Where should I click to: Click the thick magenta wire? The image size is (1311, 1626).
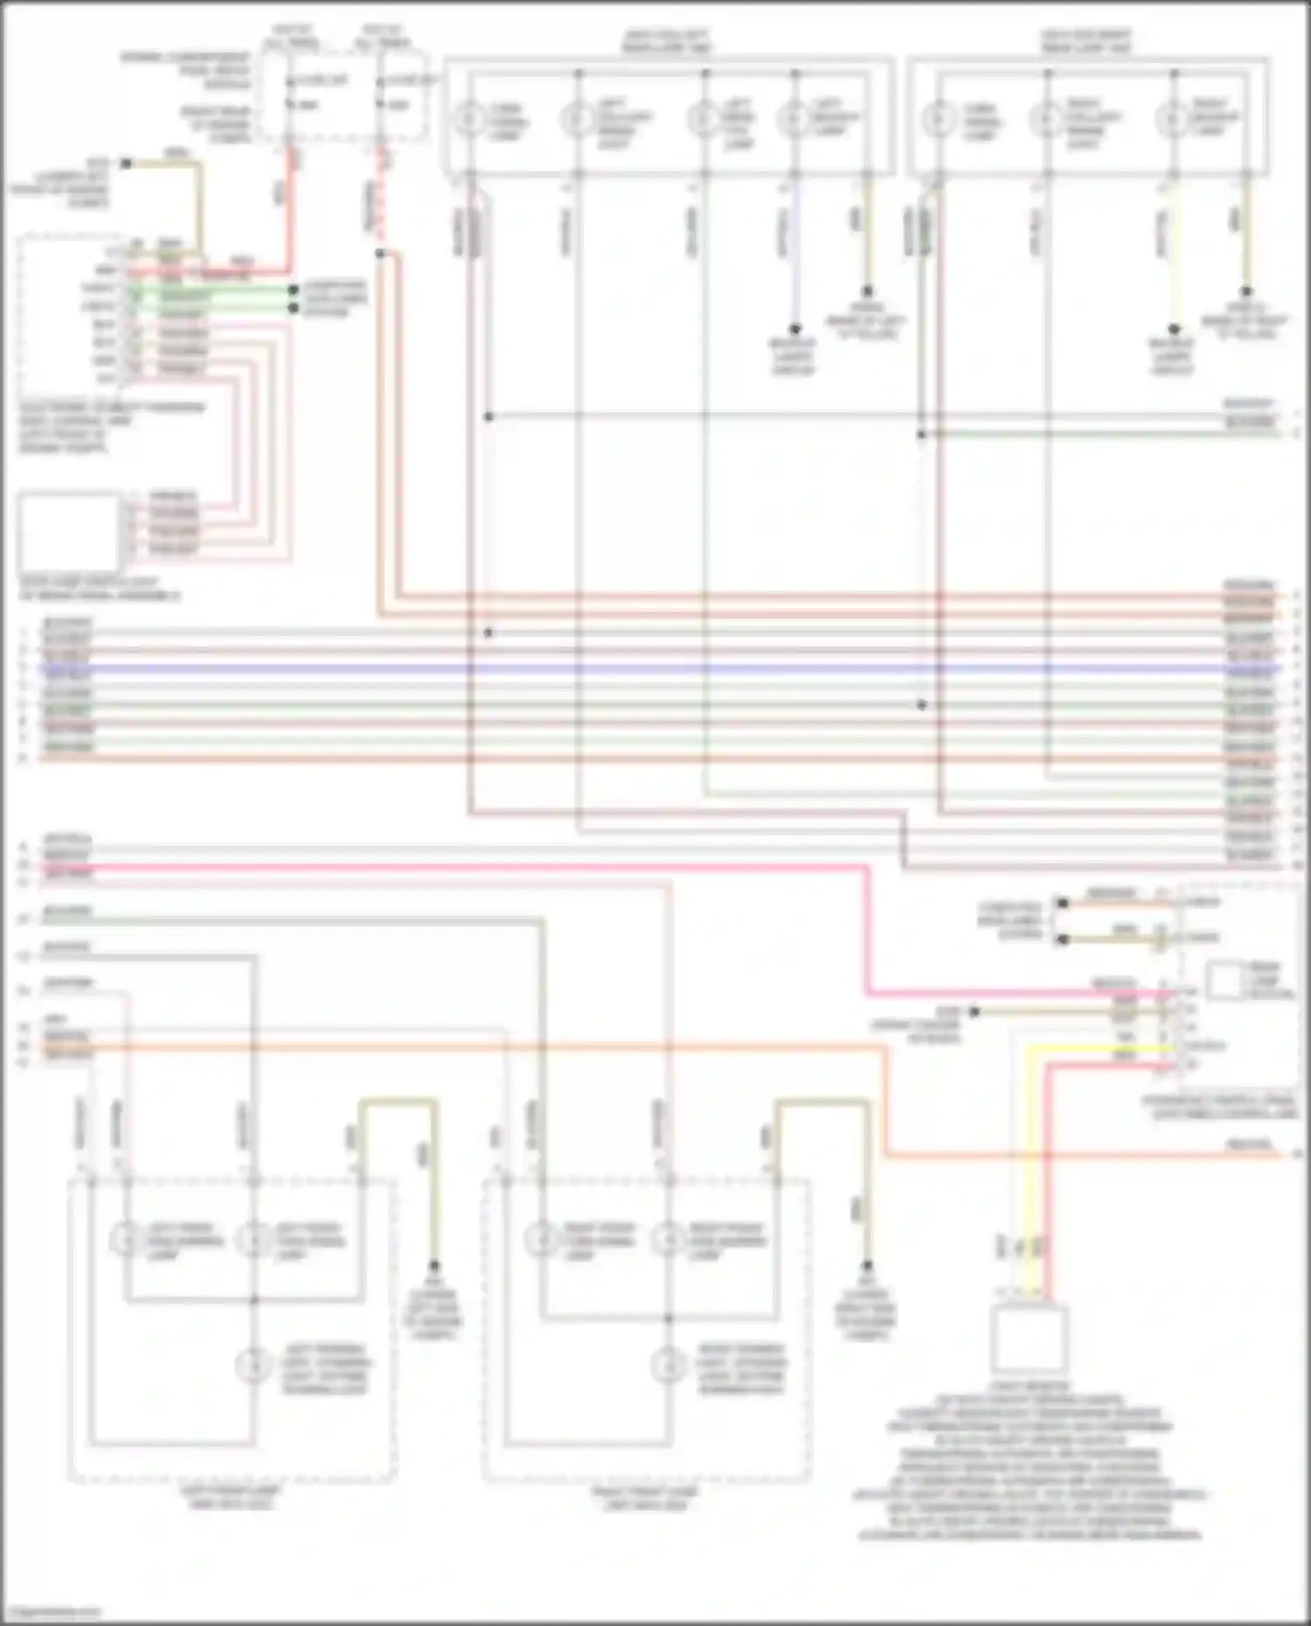[x=524, y=868]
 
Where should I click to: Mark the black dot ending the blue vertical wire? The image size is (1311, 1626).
[x=795, y=329]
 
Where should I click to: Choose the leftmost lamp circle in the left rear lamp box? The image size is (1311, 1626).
[x=469, y=118]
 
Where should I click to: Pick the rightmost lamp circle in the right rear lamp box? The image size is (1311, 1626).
[x=1172, y=118]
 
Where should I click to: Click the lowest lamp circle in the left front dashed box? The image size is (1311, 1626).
[x=253, y=1363]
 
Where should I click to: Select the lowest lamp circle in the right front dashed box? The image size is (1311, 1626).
[x=669, y=1363]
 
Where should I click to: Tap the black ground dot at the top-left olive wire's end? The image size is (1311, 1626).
[x=126, y=163]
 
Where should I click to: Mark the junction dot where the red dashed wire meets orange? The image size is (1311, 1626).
[x=380, y=253]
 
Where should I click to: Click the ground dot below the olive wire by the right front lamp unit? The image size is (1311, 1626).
[x=867, y=1265]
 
